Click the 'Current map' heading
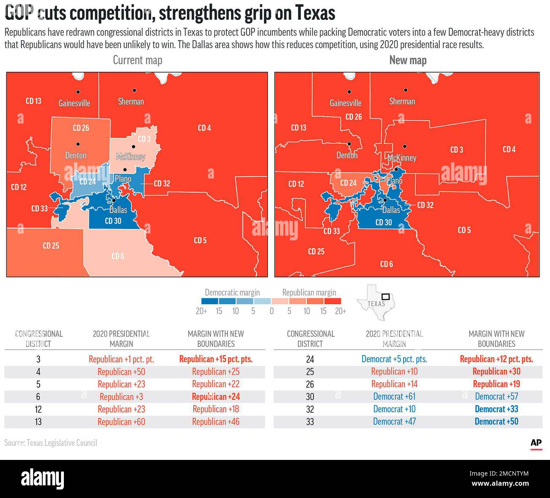137,60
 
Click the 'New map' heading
407,60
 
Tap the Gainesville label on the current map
74,103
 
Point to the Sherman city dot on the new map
405,90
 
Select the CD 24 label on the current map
87,182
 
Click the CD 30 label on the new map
383,223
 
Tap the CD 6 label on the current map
118,256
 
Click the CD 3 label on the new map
456,149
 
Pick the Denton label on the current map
76,155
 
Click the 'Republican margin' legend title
309,292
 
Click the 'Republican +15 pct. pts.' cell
216,359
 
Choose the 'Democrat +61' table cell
394,396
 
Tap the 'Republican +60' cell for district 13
121,422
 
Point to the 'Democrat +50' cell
496,421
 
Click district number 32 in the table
310,409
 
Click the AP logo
536,443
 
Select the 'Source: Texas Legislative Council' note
51,443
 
